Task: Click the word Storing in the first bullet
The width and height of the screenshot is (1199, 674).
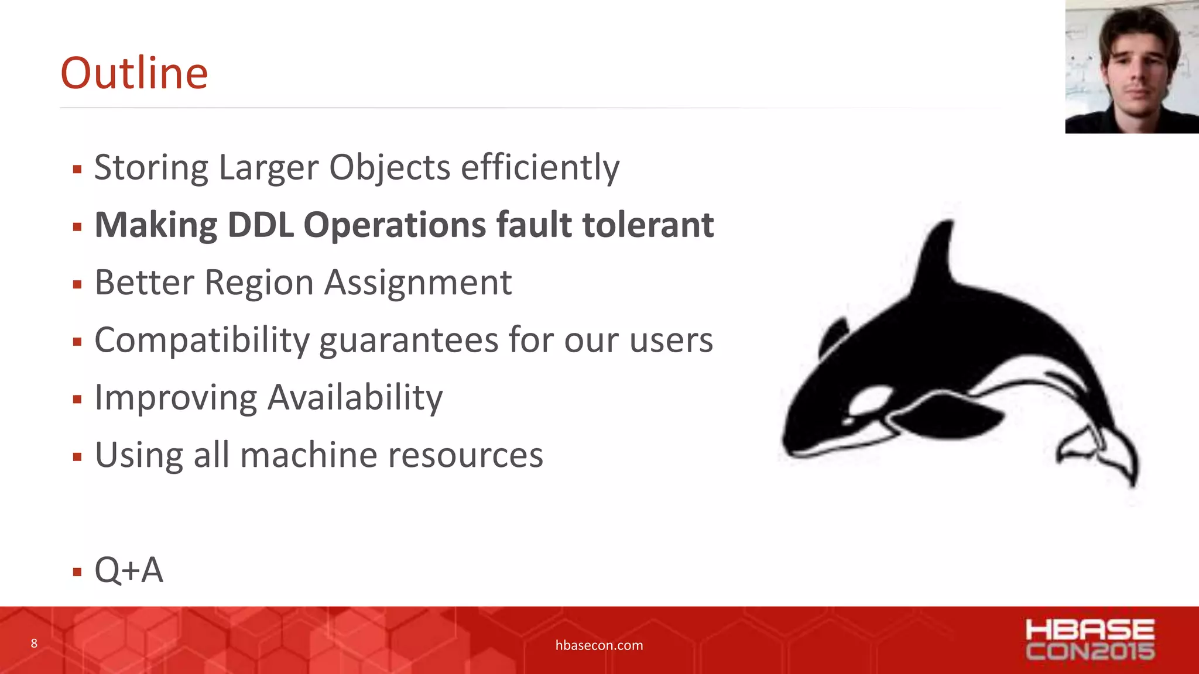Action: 150,168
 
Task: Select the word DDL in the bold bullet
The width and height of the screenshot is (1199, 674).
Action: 260,225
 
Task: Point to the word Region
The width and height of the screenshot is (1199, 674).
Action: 259,283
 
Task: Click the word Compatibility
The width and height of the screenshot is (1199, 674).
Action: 201,341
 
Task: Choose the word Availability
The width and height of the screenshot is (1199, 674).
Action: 355,398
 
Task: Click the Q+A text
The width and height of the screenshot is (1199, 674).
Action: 129,570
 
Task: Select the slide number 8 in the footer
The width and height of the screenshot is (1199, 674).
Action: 34,644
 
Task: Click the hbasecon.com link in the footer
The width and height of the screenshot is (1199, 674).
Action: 599,645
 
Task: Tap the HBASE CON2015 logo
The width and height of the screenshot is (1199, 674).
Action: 1090,640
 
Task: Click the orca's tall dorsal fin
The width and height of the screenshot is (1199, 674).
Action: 937,257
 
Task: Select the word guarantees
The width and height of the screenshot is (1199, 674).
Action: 408,341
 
